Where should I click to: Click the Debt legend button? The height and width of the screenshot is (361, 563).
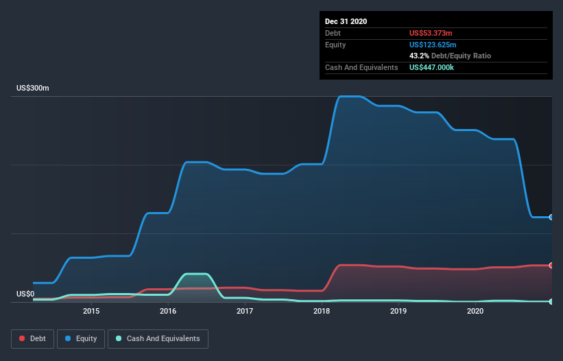(31, 338)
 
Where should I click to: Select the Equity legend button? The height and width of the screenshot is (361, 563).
(81, 338)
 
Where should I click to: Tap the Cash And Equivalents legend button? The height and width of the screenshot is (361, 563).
(158, 338)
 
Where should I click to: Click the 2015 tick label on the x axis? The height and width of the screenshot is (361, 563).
(91, 312)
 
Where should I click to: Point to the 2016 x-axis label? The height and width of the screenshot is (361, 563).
(168, 312)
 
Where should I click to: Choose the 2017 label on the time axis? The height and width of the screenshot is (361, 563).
(245, 312)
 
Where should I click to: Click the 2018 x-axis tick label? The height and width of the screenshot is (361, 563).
(322, 312)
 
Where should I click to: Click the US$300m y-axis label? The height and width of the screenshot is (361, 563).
(33, 89)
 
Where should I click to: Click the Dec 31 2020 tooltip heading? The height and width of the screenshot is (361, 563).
(346, 21)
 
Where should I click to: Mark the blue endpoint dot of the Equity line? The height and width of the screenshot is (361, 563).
(551, 217)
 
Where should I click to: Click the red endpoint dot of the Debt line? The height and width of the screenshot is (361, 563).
(551, 265)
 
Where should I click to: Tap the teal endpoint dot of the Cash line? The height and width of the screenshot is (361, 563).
(551, 301)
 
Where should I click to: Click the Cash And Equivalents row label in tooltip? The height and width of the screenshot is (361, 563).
(361, 67)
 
